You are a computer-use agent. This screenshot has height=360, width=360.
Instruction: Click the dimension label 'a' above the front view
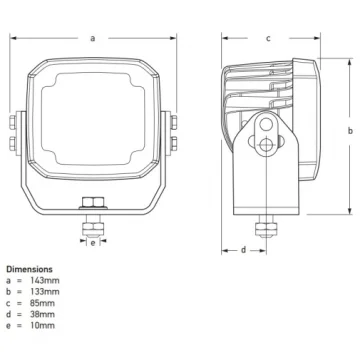pyautogui.click(x=92, y=39)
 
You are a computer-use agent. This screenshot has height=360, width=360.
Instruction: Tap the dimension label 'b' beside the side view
pyautogui.click(x=349, y=131)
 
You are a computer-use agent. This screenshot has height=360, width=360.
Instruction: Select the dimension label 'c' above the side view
pyautogui.click(x=268, y=38)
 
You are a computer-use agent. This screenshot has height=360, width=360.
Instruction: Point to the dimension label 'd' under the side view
pyautogui.click(x=243, y=249)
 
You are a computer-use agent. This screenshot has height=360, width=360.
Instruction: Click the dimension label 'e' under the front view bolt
pyautogui.click(x=92, y=242)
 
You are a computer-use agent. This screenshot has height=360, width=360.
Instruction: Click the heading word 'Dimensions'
pyautogui.click(x=29, y=269)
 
